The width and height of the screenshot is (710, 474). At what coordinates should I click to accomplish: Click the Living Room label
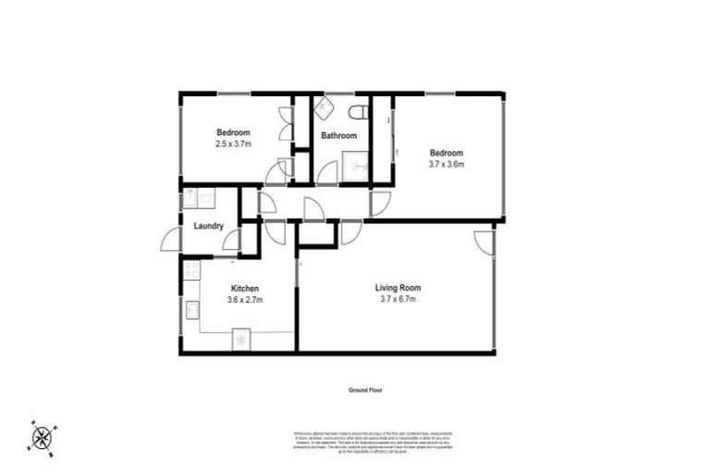tap(397, 288)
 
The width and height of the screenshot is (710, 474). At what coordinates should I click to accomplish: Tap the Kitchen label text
tap(244, 288)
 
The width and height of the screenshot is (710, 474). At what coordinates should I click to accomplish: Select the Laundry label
tap(208, 225)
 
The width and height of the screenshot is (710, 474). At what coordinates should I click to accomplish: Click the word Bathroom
tap(338, 136)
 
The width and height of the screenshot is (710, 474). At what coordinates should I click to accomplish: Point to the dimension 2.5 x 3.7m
tap(234, 143)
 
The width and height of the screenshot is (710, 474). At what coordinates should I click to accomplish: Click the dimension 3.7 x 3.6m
tap(445, 164)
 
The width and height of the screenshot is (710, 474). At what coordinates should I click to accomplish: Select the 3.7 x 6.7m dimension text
tap(398, 299)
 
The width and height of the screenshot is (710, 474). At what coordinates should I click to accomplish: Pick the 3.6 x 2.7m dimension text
tap(245, 299)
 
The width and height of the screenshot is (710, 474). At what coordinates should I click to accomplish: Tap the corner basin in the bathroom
tap(325, 108)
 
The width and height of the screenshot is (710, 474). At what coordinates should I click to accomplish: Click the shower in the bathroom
tap(355, 168)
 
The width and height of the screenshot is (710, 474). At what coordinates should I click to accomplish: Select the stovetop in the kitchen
tap(191, 270)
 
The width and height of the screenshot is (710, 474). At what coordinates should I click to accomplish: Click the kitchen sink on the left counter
tap(192, 309)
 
